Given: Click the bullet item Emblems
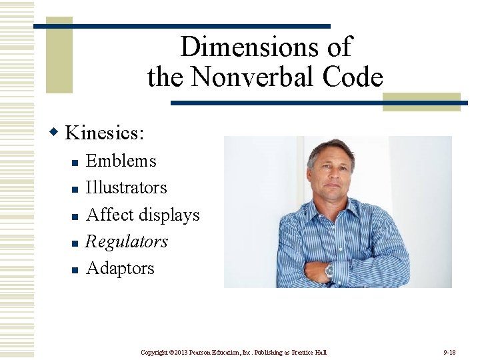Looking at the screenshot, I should coord(121,161).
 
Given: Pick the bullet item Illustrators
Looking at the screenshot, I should coord(126,187).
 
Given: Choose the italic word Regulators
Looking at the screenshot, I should coord(127,241).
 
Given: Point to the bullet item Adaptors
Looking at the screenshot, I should coord(120,268).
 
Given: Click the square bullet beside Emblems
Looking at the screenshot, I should coord(75,162).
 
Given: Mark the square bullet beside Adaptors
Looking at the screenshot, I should coord(75,269).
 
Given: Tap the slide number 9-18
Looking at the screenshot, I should coord(449,351).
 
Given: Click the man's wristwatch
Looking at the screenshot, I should coord(328,270).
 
